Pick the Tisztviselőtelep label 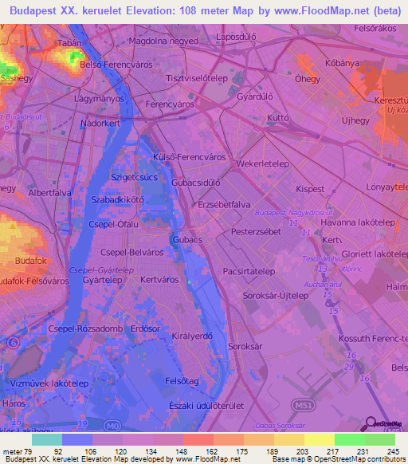[x=197, y=79]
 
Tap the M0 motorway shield [x=116, y=426]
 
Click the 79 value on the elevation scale [x=29, y=451]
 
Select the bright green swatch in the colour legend [x=349, y=439]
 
